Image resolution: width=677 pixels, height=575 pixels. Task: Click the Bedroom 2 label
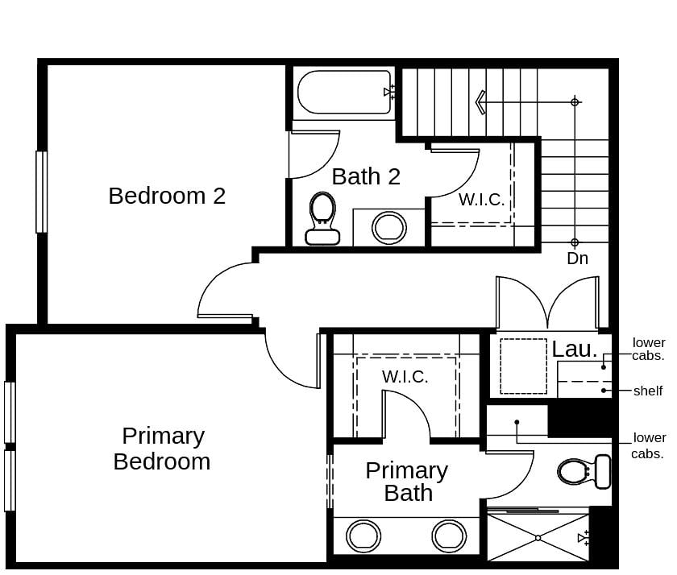[167, 196]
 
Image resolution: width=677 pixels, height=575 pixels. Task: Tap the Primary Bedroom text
[162, 449]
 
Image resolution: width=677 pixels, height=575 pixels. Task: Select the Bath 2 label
[366, 176]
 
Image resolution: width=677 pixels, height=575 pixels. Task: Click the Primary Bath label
[407, 482]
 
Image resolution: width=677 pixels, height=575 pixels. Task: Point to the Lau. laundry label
[575, 350]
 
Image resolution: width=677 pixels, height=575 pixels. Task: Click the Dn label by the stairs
[577, 259]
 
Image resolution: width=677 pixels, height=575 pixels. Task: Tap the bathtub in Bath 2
[344, 93]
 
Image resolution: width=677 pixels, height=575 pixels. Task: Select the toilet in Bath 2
[322, 218]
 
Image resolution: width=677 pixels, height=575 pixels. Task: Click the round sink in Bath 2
[389, 228]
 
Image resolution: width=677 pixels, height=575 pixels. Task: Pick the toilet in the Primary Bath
[585, 472]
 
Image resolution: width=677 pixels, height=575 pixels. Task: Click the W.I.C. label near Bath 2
[482, 200]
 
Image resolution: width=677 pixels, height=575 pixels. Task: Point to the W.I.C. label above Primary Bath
[405, 376]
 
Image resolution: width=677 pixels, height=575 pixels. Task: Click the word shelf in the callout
[648, 391]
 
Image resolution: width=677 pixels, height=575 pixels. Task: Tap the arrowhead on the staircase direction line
[480, 102]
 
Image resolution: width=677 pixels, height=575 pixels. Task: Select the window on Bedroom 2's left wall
[41, 192]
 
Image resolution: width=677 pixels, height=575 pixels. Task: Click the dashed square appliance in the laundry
[523, 366]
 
